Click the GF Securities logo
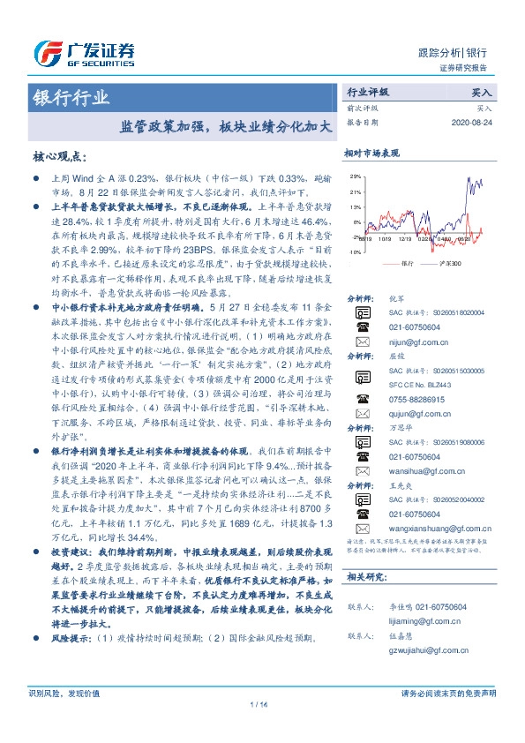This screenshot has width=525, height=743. coord(84,52)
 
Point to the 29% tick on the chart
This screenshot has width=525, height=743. coord(354,176)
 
